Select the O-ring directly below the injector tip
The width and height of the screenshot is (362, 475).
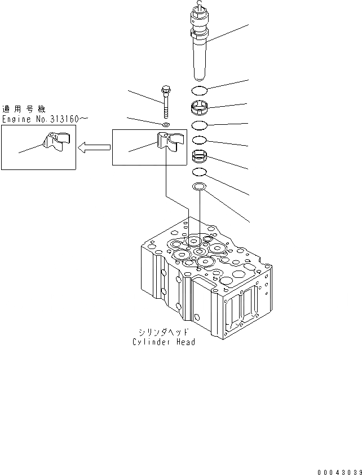point(200,90)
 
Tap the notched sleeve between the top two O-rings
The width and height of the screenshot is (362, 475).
point(200,107)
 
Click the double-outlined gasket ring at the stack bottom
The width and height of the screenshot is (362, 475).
point(200,187)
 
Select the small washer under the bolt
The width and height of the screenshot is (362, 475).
point(165,124)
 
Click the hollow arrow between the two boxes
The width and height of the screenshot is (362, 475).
point(94,148)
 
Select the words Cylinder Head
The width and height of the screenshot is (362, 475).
point(164,342)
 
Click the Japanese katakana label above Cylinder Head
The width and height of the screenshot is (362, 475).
point(164,332)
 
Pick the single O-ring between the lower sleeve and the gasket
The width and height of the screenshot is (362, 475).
point(200,172)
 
